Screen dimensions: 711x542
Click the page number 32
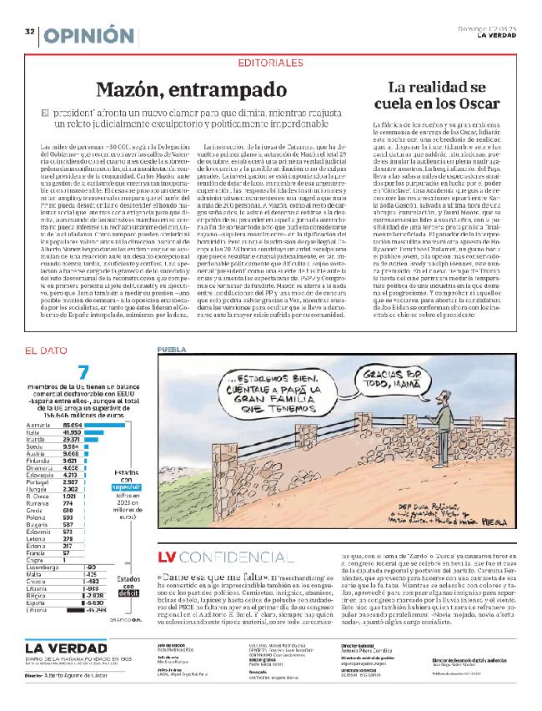pyautogui.click(x=29, y=31)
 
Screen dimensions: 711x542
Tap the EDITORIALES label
pyautogui.click(x=270, y=63)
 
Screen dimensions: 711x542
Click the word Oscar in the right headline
pyautogui.click(x=484, y=104)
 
